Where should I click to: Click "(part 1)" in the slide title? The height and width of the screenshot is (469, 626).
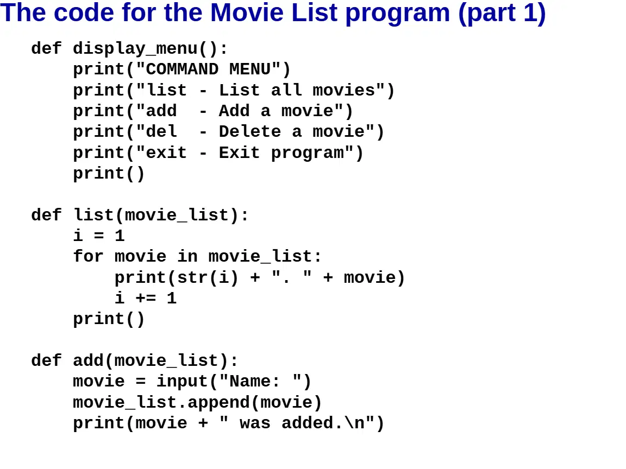point(502,14)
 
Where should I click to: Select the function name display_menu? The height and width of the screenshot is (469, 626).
point(135,49)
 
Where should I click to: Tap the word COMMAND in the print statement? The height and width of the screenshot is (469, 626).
point(182,69)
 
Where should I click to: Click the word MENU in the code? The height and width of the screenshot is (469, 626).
point(249,69)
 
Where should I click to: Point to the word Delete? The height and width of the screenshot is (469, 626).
point(250,131)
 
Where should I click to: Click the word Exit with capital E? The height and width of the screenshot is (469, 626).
point(239,153)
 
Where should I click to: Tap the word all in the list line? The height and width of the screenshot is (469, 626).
point(286,90)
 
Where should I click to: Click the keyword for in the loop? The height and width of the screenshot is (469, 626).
point(88,256)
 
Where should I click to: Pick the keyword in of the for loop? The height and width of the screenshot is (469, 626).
point(187,256)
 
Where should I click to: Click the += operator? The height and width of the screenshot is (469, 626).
point(146,298)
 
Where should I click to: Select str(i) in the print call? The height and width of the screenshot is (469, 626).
point(208,277)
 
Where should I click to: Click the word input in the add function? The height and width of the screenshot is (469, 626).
point(182,382)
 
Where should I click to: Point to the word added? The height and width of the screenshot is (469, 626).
point(307,423)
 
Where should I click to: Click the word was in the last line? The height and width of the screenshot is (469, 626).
point(255,423)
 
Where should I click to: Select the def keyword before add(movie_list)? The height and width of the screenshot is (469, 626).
point(46,360)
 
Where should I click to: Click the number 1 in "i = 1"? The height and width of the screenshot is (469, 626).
point(120,236)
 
